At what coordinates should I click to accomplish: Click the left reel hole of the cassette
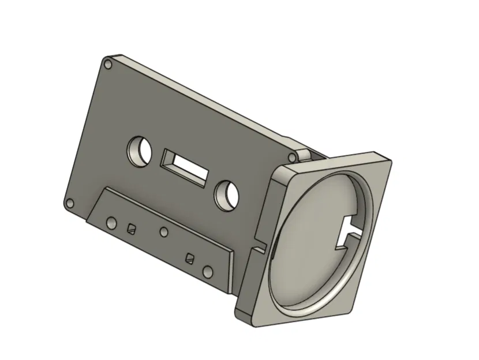(x=139, y=151)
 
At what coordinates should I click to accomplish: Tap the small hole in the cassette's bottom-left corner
(x=70, y=204)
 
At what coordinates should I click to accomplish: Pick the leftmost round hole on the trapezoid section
(x=110, y=222)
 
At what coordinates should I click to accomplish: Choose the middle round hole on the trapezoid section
(x=164, y=232)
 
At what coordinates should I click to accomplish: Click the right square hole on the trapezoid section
(x=189, y=257)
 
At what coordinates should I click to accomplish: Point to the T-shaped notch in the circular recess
(x=349, y=228)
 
